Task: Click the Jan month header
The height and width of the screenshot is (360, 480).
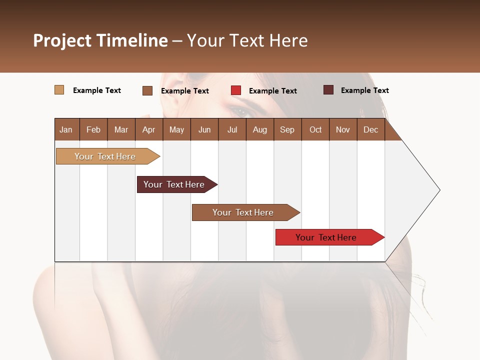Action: click(66, 129)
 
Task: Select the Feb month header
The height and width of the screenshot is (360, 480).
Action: click(93, 129)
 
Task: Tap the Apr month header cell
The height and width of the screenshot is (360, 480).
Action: click(148, 129)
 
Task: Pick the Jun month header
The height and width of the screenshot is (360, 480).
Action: click(204, 129)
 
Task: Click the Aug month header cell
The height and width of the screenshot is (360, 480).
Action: click(259, 129)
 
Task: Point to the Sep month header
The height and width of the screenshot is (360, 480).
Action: click(287, 129)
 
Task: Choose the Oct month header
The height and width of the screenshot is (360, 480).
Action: click(315, 129)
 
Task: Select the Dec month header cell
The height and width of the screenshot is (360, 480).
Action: click(370, 129)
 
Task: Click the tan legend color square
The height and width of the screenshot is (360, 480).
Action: click(59, 90)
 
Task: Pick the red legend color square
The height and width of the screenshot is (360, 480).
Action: click(236, 90)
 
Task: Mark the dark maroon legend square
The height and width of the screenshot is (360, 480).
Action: click(328, 90)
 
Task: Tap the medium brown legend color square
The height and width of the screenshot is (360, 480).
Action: click(147, 90)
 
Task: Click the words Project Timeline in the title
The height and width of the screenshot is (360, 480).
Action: click(100, 40)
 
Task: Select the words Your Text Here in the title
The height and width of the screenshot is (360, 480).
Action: click(247, 40)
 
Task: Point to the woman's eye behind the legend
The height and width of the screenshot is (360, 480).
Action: click(240, 111)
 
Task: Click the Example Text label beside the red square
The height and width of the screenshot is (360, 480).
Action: click(272, 91)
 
